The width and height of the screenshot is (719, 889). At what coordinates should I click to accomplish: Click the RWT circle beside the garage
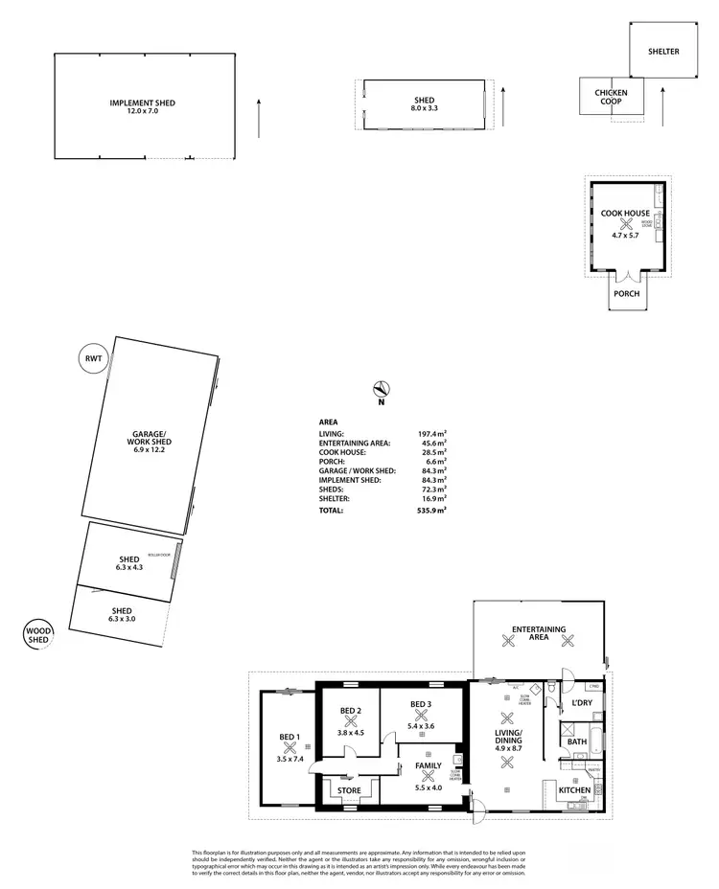[x=94, y=361]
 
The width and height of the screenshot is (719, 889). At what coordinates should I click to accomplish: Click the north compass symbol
[x=381, y=389]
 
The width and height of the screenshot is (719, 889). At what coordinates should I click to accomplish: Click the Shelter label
[x=662, y=52]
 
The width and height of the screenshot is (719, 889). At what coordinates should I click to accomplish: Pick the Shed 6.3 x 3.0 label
[x=121, y=615]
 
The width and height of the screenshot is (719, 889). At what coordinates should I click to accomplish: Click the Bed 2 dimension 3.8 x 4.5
[x=350, y=733]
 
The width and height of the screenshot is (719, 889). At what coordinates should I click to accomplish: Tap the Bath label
[x=576, y=741]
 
